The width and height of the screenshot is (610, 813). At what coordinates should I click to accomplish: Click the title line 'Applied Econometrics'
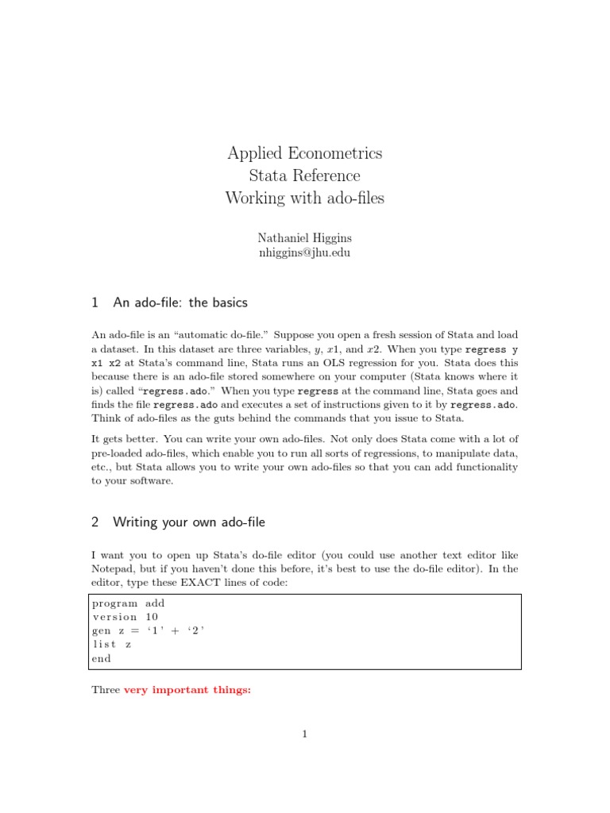point(304,153)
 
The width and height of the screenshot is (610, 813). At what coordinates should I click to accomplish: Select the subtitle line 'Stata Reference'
point(304,175)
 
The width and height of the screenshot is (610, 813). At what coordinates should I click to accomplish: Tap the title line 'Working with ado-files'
point(304,198)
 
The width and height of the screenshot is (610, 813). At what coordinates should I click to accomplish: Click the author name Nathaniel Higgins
point(304,238)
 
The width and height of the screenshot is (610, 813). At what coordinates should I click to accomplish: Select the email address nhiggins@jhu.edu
point(304,253)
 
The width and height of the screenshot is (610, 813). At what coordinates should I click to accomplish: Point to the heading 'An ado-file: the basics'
point(180,302)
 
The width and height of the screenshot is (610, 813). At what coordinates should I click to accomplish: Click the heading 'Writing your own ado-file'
point(189,522)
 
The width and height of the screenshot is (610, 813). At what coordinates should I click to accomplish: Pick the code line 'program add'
point(129,603)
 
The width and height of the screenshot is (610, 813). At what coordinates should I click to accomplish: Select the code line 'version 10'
point(125,617)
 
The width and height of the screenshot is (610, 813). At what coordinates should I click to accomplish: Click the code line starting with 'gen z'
point(149,630)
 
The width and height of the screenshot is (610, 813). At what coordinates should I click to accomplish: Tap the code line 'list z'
point(112,645)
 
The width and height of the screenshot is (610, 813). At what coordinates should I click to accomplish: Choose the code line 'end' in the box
point(102,658)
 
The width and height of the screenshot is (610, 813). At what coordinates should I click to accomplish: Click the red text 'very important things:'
point(187,690)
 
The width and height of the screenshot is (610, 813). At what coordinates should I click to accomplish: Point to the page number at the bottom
point(304,734)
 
